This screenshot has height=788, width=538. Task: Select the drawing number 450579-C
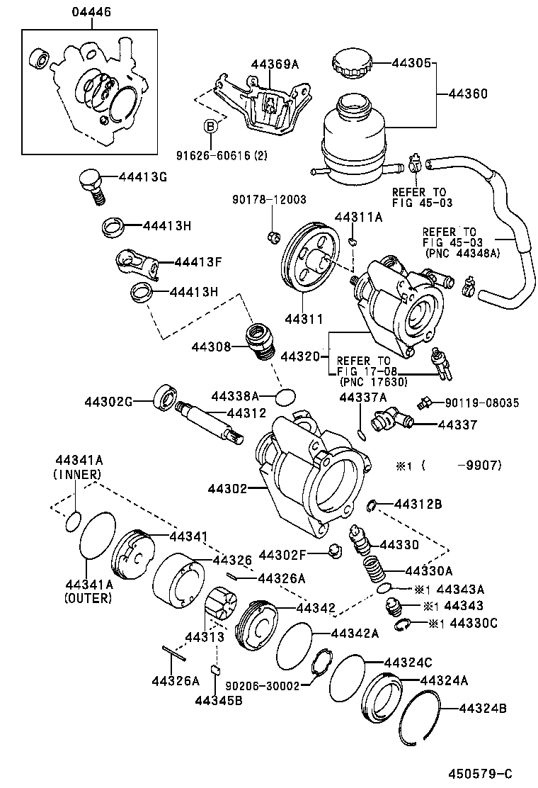click(x=479, y=772)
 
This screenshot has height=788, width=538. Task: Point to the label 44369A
click(x=274, y=64)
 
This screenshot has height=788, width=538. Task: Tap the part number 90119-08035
click(x=482, y=403)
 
